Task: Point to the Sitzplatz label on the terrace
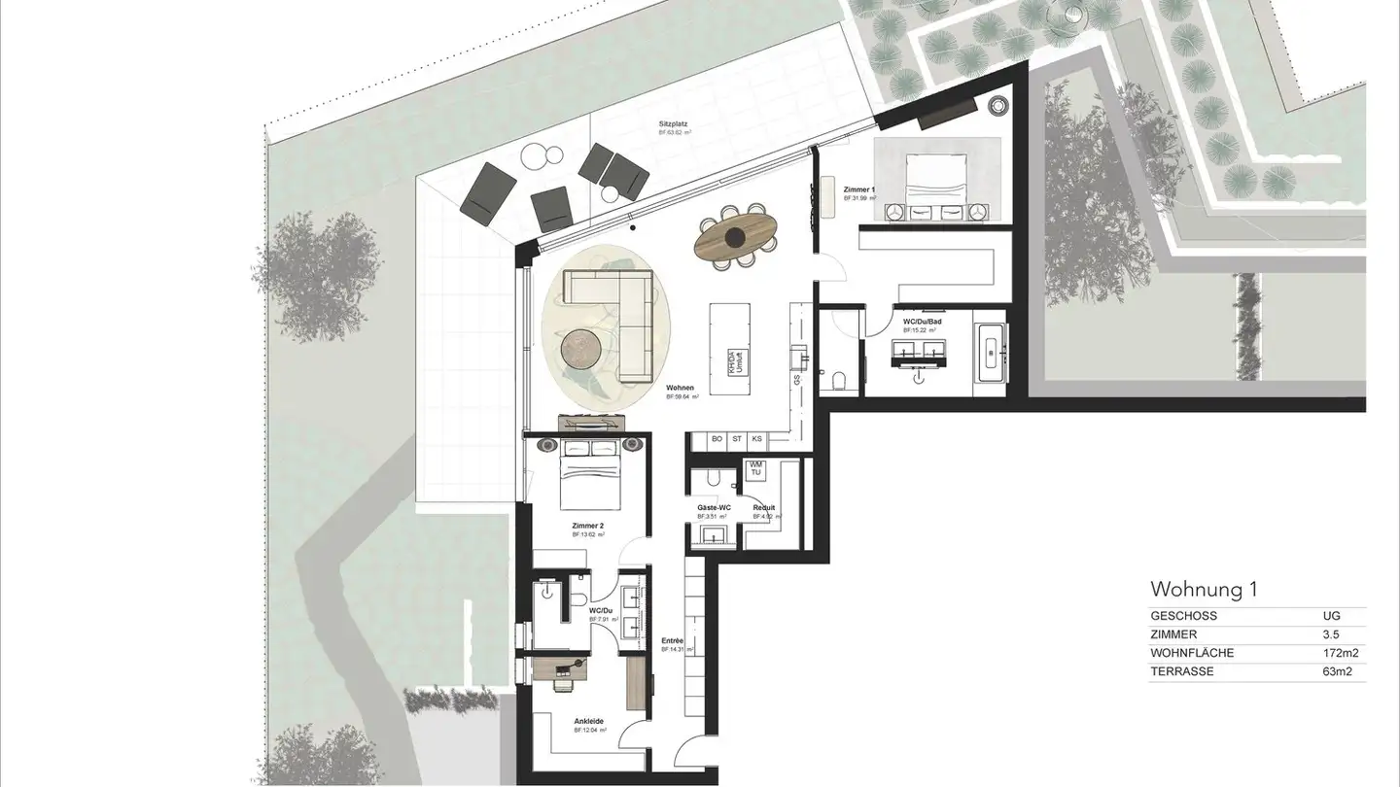tap(675, 125)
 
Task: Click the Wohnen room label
tap(680, 387)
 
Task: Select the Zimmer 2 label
tap(588, 525)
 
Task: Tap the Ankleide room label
tap(588, 721)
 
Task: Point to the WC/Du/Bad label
tap(918, 321)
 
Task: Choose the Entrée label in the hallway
tap(672, 640)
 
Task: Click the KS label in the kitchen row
tap(756, 439)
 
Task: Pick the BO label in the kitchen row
tap(717, 439)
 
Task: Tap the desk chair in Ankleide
tap(563, 683)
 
